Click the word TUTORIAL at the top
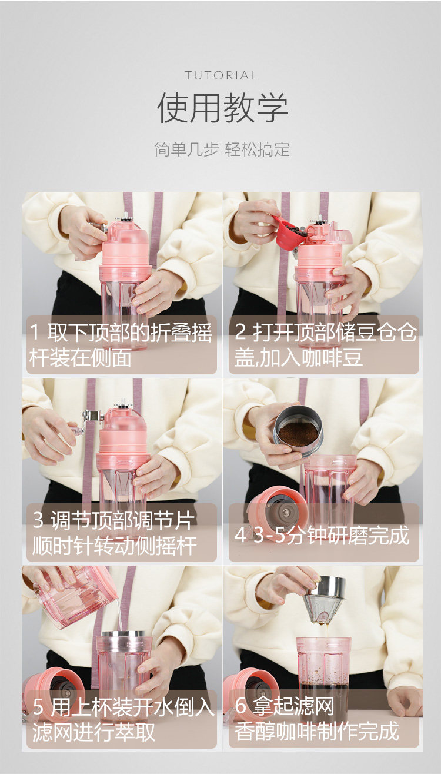(x=221, y=75)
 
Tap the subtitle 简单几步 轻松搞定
(x=222, y=150)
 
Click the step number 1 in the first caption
(x=35, y=332)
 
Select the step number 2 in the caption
(x=240, y=331)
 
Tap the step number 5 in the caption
(x=38, y=706)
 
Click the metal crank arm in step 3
(x=91, y=420)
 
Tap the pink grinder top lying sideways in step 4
(x=278, y=510)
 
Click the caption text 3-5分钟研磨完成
(x=331, y=535)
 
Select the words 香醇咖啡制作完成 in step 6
(x=317, y=731)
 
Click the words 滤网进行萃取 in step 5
(x=93, y=732)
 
